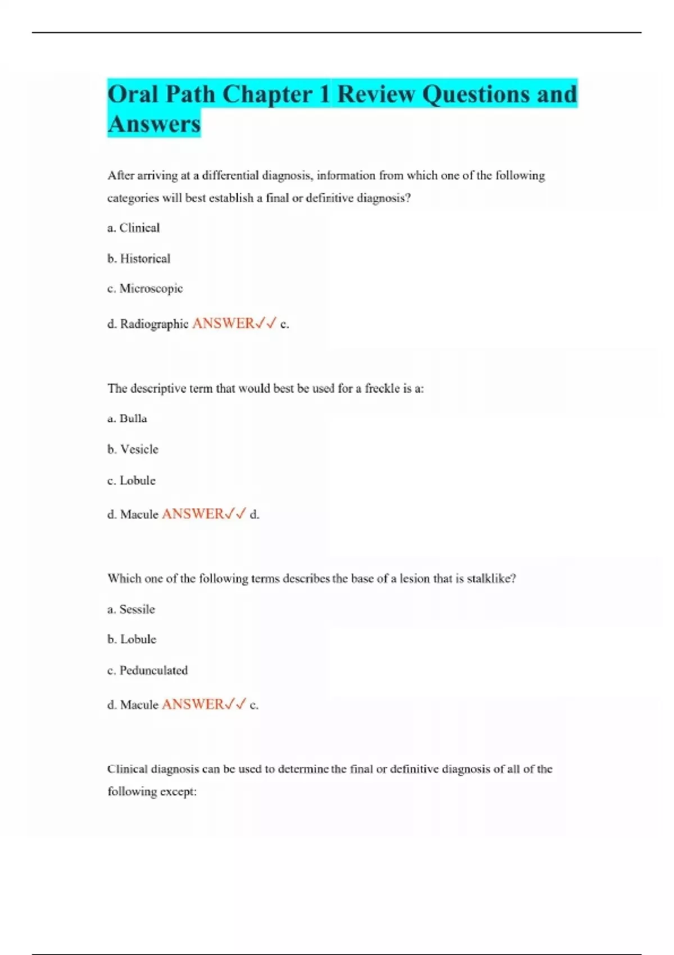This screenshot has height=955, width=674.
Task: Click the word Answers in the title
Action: (x=154, y=124)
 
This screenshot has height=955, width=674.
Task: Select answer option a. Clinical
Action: (x=134, y=228)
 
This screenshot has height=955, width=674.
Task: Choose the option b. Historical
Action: (x=139, y=258)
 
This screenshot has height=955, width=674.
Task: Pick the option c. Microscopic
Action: (x=145, y=288)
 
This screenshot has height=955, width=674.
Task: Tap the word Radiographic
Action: (x=154, y=324)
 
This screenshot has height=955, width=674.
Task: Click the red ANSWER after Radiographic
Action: (x=223, y=323)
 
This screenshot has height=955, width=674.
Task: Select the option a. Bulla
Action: (x=127, y=419)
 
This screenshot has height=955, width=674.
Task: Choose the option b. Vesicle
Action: (x=133, y=449)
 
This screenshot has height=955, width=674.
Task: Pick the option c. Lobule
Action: (x=131, y=480)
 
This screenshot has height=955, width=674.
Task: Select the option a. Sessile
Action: (x=131, y=609)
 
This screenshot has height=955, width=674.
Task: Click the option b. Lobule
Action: (x=132, y=639)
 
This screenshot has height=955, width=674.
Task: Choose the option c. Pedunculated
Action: (x=147, y=670)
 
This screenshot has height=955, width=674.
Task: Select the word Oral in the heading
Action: (x=133, y=94)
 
